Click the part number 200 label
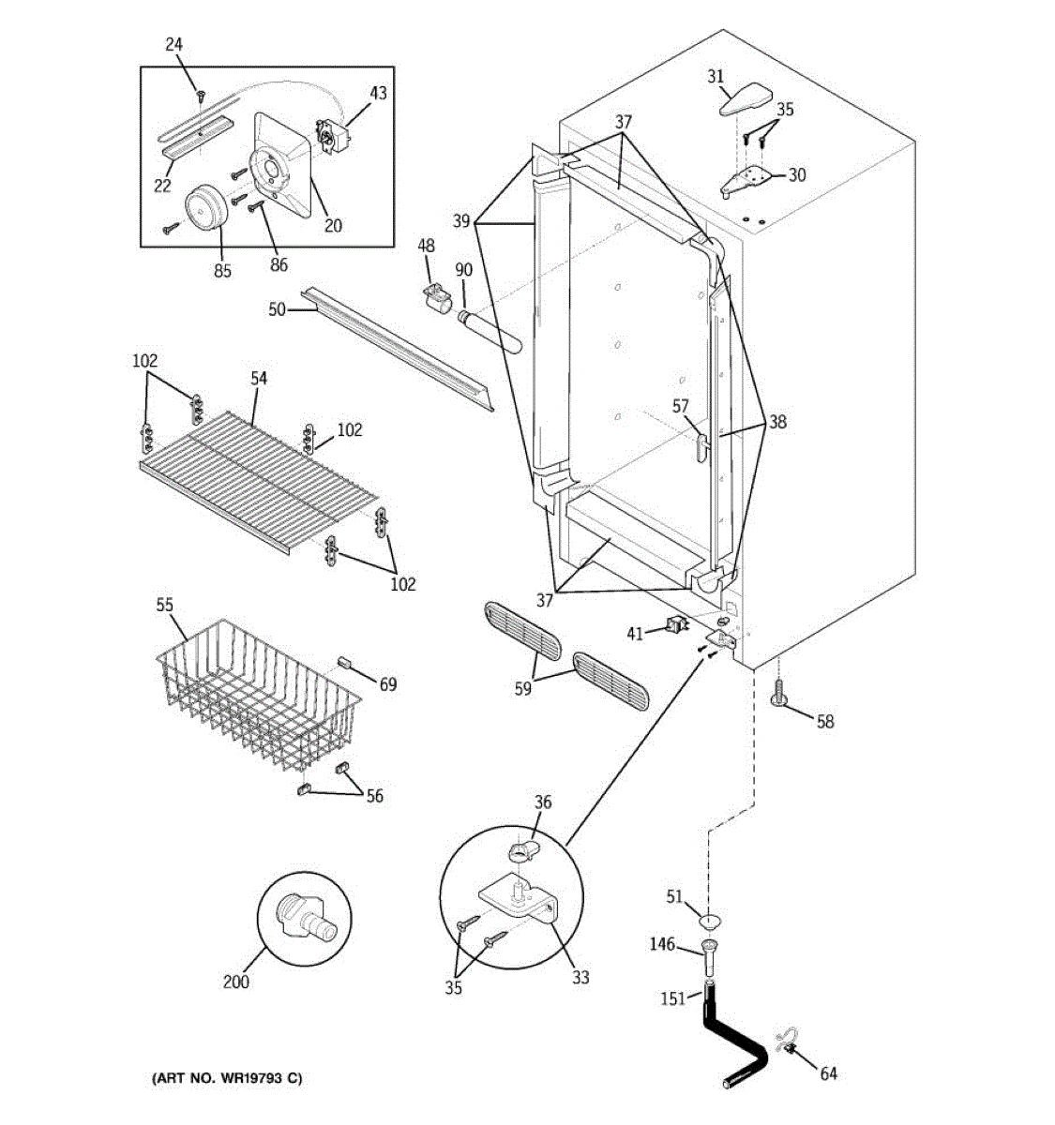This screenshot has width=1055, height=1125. [235, 982]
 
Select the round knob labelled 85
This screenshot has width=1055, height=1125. [206, 208]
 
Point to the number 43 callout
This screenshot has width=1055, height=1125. [378, 92]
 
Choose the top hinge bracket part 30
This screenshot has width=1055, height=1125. [746, 180]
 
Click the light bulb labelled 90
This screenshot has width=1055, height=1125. [489, 333]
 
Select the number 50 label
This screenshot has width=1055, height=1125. [277, 310]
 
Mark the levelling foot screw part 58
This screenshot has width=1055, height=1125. [779, 695]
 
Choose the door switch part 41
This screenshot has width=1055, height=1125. [677, 623]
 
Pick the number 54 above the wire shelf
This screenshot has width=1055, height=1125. [259, 378]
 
